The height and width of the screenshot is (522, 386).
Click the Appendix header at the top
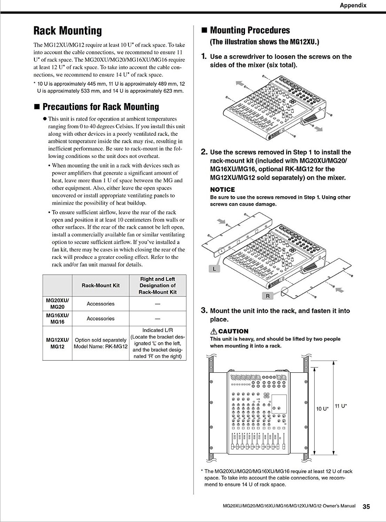(x=353, y=6)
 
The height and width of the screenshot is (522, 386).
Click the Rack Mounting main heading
(x=67, y=31)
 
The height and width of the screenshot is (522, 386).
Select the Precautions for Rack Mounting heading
(x=96, y=107)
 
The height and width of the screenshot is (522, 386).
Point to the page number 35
(x=366, y=506)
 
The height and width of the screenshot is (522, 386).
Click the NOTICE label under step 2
(x=222, y=190)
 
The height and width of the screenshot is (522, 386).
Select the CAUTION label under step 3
(x=233, y=331)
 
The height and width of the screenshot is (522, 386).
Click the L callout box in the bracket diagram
(x=214, y=269)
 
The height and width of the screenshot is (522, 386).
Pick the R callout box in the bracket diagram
(x=268, y=296)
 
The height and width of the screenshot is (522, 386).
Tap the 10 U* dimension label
(x=322, y=409)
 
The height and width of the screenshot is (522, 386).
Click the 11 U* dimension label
(x=340, y=406)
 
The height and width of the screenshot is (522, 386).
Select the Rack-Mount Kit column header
(x=101, y=285)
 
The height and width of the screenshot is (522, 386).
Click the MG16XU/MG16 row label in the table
(x=57, y=318)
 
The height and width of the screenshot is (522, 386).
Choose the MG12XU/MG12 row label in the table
(x=57, y=343)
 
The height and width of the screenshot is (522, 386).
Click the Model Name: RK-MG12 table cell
(x=101, y=347)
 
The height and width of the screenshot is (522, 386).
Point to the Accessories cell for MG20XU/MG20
(x=101, y=304)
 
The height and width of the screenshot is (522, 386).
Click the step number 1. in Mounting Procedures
(x=204, y=57)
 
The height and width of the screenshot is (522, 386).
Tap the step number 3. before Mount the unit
(x=204, y=311)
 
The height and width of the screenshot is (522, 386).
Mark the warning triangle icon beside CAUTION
(x=214, y=331)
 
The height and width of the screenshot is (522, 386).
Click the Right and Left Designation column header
(x=158, y=285)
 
